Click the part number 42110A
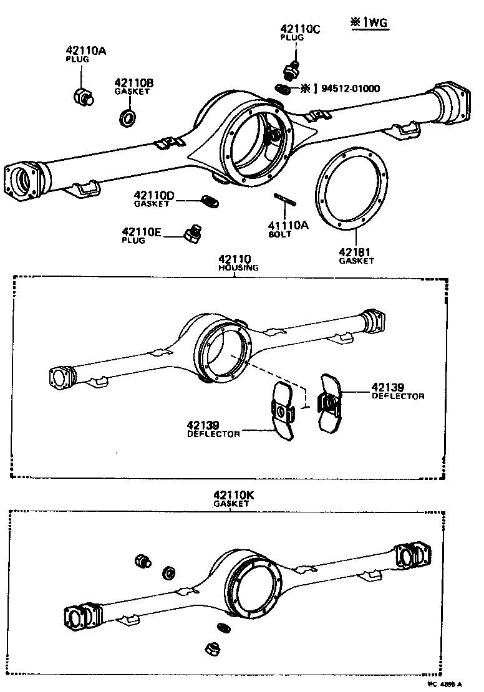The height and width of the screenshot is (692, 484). [86, 50]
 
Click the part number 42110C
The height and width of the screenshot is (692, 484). [300, 29]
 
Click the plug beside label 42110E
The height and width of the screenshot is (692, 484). [191, 234]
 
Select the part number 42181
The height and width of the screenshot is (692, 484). [355, 252]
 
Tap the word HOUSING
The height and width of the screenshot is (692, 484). [238, 267]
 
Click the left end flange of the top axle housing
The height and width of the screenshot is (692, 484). [24, 183]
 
